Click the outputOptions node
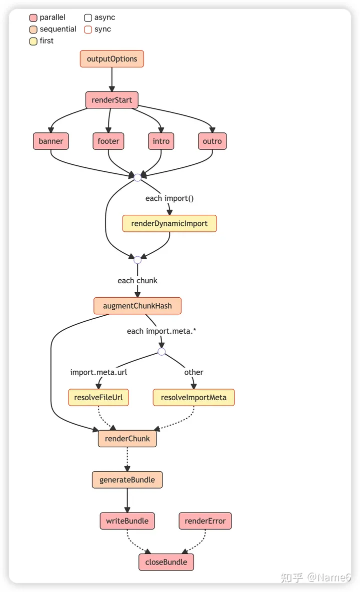point(112,59)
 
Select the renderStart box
point(112,100)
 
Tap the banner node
point(51,141)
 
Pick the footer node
point(108,141)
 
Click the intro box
point(161,141)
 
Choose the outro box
point(212,141)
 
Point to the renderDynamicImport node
point(169,223)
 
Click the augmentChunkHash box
point(137,306)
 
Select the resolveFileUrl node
point(98,398)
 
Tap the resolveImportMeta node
point(194,398)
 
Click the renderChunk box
point(127,439)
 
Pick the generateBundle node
point(127,480)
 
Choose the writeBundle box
point(127,521)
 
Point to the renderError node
point(205,521)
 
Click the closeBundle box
point(166,562)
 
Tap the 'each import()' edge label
point(169,198)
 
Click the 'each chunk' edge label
point(137,281)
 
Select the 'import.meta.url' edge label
point(98,372)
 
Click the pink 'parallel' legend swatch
point(33,18)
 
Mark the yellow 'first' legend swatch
point(33,41)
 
